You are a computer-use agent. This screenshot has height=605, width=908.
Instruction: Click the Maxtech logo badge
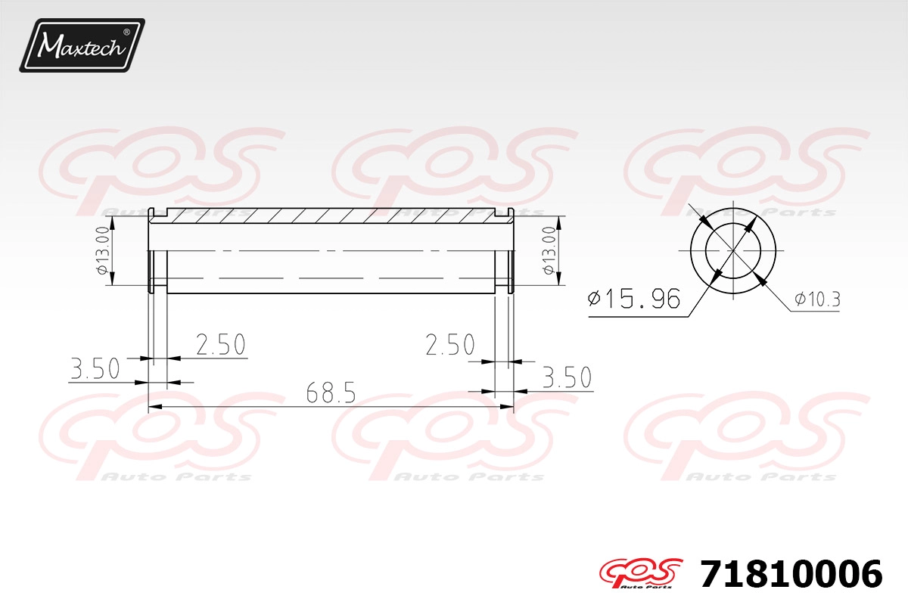[x=82, y=45]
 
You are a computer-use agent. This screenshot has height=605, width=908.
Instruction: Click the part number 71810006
[x=791, y=574]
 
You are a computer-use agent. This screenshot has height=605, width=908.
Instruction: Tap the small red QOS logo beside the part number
[x=642, y=573]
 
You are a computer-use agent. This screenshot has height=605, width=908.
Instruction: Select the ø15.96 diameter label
[x=634, y=299]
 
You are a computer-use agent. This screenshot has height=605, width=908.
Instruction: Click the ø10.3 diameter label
[x=817, y=299]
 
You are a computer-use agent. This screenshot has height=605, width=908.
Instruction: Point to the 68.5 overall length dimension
[x=331, y=392]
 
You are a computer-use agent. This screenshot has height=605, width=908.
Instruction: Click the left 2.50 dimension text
[x=221, y=344]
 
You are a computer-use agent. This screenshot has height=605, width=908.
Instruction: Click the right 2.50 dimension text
[x=450, y=345]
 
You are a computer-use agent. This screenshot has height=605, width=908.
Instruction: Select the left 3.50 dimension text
[x=95, y=368]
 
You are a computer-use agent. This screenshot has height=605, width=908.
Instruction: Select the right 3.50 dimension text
[x=567, y=377]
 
